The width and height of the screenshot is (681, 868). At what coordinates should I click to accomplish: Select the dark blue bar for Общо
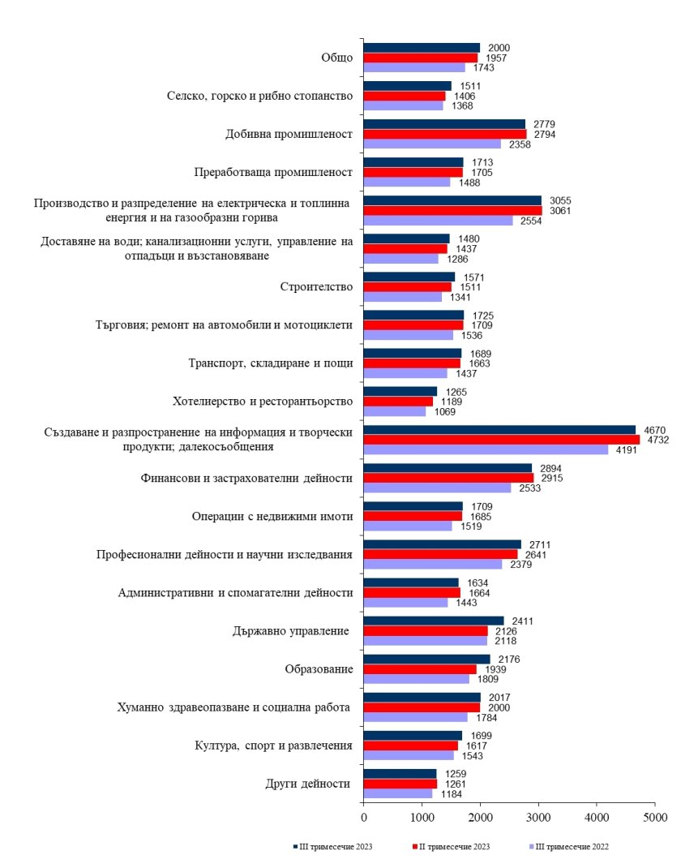tap(422, 48)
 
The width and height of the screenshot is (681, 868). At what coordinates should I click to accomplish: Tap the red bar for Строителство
tap(407, 287)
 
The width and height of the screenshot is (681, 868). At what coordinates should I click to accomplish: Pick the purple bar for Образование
tap(416, 679)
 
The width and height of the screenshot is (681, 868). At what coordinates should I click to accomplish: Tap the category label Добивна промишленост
tap(289, 134)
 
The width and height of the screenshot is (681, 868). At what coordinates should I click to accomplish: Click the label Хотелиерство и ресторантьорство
tap(263, 402)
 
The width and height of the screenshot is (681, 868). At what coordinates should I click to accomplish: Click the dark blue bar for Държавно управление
tap(434, 621)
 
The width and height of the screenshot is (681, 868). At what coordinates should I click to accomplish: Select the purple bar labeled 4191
tap(486, 449)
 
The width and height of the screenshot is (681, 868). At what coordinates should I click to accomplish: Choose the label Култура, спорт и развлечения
tap(273, 746)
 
